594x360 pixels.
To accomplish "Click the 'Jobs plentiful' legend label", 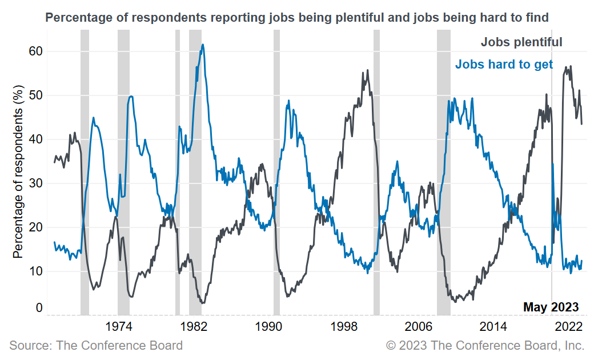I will (521, 42).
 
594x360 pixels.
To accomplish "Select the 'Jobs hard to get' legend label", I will (504, 64).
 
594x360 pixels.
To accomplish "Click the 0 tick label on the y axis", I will (39, 308).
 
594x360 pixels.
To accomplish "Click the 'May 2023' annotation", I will (551, 307).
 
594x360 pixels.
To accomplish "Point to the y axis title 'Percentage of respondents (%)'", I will (18, 171).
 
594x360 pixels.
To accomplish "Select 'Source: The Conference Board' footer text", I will (96, 345).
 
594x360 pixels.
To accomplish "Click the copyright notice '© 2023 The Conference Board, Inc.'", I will (485, 345).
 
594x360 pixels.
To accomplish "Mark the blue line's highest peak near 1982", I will (203, 45).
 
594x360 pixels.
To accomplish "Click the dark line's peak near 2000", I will (367, 70).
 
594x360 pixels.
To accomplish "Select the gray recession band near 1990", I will (276, 171).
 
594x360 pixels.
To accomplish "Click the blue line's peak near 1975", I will (131, 97).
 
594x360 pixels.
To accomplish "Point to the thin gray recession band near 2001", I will (376, 171).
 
